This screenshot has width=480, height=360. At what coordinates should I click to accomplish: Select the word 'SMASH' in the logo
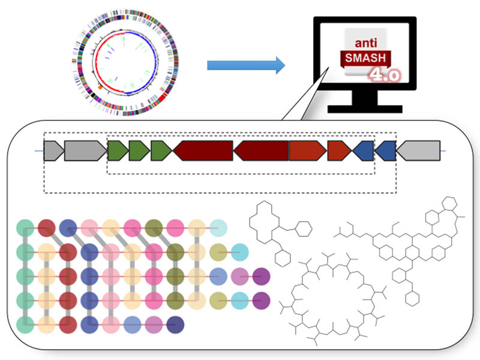(365, 59)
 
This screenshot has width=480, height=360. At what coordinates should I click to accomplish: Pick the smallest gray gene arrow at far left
(53, 151)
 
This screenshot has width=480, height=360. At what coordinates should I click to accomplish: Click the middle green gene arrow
(139, 151)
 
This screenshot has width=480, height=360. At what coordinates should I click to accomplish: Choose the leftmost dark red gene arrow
(203, 151)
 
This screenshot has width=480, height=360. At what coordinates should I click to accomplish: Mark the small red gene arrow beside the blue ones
(339, 151)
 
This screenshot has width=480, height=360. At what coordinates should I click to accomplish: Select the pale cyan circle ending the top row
(218, 228)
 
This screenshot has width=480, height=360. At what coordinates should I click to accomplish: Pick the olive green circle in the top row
(153, 228)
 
